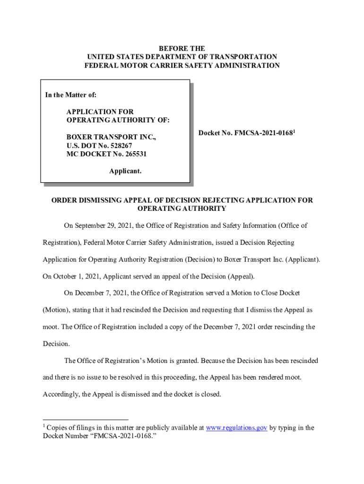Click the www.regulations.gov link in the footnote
point(237,428)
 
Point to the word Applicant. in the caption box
point(125,171)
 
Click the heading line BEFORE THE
point(182,49)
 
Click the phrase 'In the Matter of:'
point(71,95)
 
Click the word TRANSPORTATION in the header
point(241,57)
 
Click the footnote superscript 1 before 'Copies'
point(44,427)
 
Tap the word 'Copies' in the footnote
point(57,428)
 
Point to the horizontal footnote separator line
point(86,419)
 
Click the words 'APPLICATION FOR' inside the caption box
point(100,112)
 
